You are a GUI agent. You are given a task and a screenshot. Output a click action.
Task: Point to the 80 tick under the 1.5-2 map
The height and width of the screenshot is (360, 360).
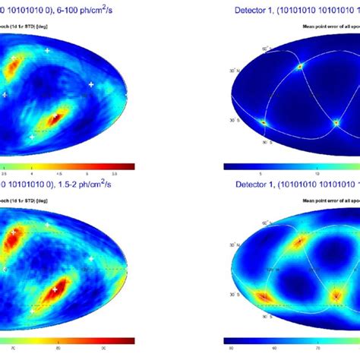point(61,351)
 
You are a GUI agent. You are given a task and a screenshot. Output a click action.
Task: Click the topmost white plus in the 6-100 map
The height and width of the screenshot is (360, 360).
point(47,50)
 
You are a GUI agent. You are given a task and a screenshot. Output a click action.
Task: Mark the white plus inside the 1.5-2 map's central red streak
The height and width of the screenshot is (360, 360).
point(55,289)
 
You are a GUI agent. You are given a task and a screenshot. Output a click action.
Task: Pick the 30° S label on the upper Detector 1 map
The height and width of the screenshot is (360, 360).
point(236,121)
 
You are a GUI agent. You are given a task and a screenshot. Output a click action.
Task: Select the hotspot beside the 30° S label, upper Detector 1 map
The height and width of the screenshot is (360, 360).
point(264,122)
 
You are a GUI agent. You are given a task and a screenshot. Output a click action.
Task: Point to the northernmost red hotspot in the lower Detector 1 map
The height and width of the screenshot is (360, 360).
point(299,241)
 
